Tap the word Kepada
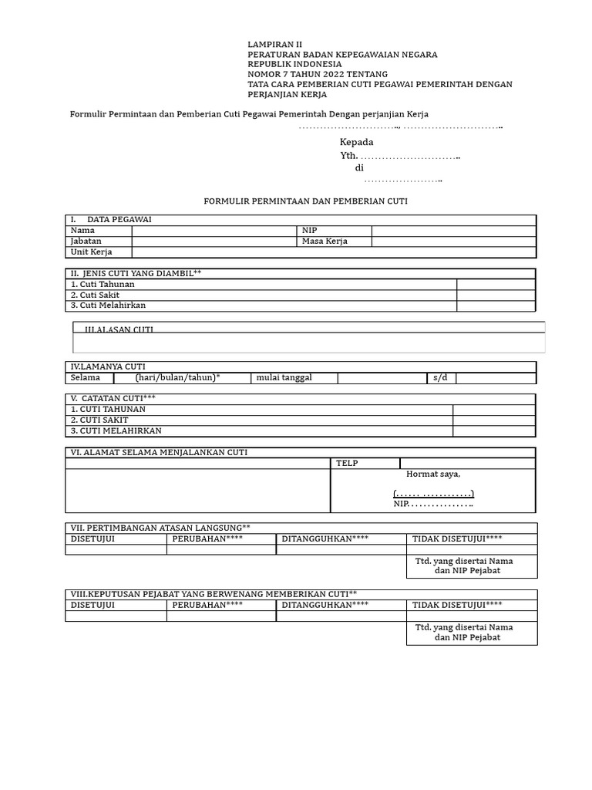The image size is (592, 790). (356, 142)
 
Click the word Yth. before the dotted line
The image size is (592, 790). (348, 156)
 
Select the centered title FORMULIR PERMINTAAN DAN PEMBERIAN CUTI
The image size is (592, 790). (305, 201)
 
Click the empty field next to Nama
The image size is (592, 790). (214, 231)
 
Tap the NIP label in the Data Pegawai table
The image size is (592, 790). (309, 231)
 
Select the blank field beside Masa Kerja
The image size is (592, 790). (453, 241)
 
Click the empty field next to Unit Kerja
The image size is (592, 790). (333, 252)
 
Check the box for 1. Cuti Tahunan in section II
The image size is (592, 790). (496, 285)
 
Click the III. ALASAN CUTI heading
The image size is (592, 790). (119, 329)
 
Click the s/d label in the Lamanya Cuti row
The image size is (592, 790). (440, 378)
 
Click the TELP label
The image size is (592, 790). (347, 464)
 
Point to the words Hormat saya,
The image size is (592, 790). (432, 474)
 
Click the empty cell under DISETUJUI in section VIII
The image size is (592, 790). (116, 616)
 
